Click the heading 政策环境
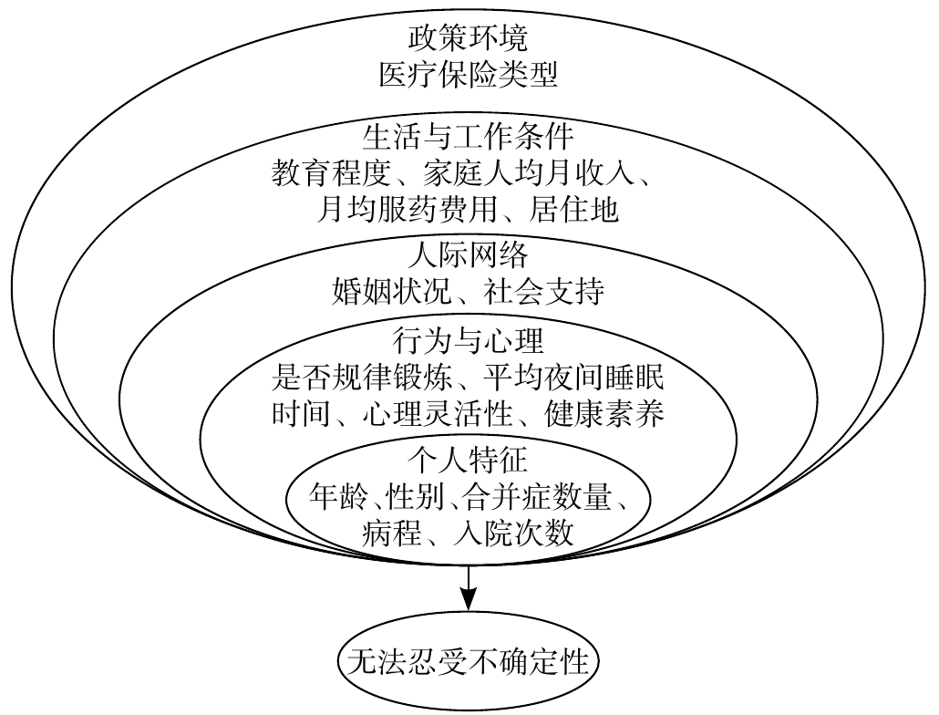point(468,41)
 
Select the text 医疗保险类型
point(468,75)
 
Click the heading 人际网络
point(468,254)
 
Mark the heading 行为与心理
point(468,341)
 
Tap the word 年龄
point(340,497)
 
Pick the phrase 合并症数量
point(531,497)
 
